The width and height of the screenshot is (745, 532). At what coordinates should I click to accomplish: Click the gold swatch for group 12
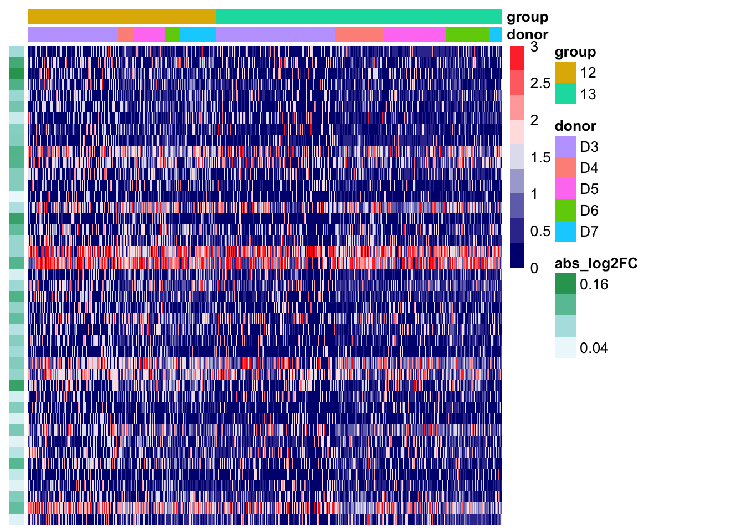point(565,73)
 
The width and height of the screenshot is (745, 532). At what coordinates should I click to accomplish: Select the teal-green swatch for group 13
point(565,94)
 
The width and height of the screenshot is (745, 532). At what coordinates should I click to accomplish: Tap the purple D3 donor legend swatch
point(565,147)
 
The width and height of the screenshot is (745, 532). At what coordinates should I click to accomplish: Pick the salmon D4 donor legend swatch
point(565,168)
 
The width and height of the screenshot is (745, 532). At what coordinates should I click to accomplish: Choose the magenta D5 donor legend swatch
point(565,189)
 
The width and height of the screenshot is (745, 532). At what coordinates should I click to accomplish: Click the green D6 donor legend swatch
point(565,210)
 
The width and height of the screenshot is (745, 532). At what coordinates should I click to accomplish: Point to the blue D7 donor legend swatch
point(565,231)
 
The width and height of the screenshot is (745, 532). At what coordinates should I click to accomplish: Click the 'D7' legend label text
point(589,232)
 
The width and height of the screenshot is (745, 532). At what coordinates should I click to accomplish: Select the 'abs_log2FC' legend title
point(596,263)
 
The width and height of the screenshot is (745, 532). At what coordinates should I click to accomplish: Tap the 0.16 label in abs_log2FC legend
point(594,285)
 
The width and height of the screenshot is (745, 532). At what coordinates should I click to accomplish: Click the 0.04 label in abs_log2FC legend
point(594,348)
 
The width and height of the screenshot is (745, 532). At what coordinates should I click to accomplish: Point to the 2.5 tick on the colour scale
point(540,84)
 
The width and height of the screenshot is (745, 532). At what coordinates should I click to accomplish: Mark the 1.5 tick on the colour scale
point(540,157)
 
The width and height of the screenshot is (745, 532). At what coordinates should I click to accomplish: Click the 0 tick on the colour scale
point(534,268)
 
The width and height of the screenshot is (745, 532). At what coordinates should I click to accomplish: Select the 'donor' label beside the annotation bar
point(527,34)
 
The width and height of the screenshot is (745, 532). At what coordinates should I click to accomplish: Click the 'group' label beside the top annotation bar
point(527,17)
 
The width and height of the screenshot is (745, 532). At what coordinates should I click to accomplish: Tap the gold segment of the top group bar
point(122,17)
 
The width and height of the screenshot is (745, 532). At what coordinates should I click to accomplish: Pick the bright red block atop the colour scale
point(517,58)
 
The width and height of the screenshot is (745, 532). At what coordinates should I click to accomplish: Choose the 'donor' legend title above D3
point(575,126)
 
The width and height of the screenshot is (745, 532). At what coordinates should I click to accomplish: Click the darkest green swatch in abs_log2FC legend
point(565,284)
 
